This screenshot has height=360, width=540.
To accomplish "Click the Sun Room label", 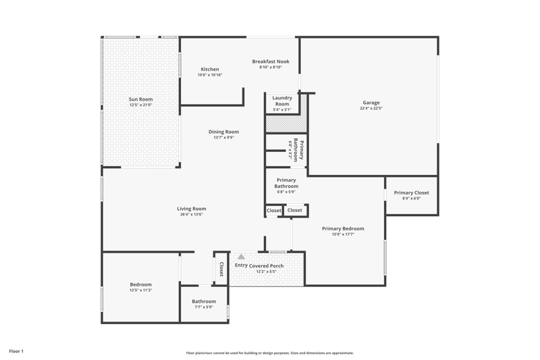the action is [140, 99].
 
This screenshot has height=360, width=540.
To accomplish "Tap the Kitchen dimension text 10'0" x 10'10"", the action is [210, 75].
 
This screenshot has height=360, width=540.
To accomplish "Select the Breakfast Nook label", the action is [271, 61].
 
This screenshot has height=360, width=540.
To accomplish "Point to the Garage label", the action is [371, 103].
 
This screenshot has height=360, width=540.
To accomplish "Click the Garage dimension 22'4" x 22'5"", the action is [371, 108].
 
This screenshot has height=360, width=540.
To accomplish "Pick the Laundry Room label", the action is [282, 101].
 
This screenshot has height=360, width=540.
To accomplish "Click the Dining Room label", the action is [223, 132].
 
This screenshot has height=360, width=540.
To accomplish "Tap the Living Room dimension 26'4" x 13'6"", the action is [192, 214].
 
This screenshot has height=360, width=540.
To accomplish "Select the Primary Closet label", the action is [412, 192].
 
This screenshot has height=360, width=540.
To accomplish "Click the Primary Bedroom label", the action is [343, 228].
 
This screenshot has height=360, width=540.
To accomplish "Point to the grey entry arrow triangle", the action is [242, 257].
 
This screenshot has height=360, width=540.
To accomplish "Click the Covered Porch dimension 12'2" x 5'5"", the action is [266, 272].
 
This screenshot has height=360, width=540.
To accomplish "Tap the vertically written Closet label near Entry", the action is [221, 269].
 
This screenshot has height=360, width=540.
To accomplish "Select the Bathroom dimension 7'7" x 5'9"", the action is [204, 307].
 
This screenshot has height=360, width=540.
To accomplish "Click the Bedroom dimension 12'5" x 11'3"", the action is [140, 290].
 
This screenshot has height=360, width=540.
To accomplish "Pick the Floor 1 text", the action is [16, 351].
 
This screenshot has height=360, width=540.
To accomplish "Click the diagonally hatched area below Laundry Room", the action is [286, 124].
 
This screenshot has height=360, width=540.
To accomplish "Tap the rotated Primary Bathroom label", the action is [298, 150].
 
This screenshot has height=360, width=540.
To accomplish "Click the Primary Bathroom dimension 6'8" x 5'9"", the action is [286, 192].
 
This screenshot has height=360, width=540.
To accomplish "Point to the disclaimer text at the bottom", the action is [270, 353].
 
